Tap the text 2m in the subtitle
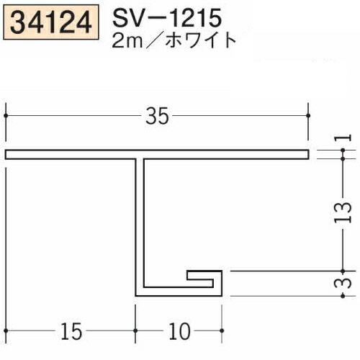(127, 39)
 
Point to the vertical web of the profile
(140, 223)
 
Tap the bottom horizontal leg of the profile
(176, 294)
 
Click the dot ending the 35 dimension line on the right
(309, 114)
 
